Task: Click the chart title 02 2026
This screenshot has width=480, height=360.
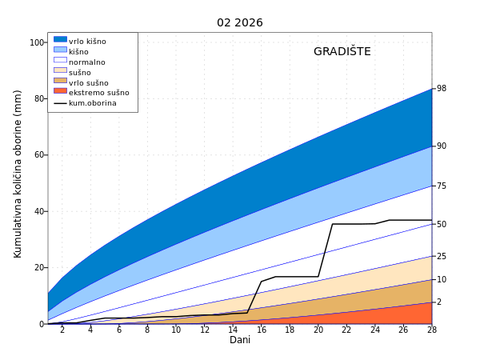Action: click(239, 22)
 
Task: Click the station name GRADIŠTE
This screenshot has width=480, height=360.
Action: click(342, 51)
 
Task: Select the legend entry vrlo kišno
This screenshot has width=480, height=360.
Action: click(87, 42)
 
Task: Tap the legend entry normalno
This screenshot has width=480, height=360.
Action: click(86, 62)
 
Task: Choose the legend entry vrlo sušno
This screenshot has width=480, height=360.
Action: click(88, 82)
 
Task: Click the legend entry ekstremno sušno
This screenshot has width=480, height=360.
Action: click(98, 93)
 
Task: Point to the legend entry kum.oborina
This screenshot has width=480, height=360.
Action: click(92, 103)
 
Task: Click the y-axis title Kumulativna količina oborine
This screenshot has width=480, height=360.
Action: click(18, 174)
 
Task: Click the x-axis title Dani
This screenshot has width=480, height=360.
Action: click(240, 340)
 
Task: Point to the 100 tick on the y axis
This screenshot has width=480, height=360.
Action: click(37, 42)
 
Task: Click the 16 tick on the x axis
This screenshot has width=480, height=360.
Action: click(262, 330)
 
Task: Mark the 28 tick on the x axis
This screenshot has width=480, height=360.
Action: click(431, 330)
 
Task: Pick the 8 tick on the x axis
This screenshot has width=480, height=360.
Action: click(147, 330)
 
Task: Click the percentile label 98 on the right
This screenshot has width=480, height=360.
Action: click(442, 89)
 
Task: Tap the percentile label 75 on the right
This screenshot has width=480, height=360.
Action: click(442, 186)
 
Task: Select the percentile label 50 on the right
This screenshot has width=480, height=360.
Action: click(442, 224)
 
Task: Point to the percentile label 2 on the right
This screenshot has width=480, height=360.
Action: click(439, 302)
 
